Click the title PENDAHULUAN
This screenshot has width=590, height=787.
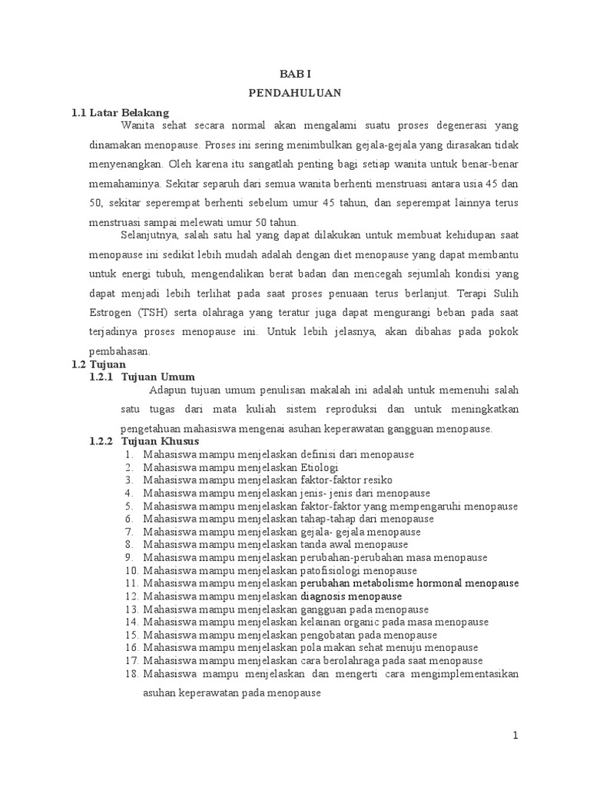pyautogui.click(x=294, y=92)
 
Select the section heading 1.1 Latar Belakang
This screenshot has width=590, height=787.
pyautogui.click(x=120, y=112)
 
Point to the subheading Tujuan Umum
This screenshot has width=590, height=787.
pyautogui.click(x=158, y=377)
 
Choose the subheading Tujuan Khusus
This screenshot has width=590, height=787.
pyautogui.click(x=161, y=441)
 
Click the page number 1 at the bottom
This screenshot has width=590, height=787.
pyautogui.click(x=516, y=736)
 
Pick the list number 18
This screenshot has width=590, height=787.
pyautogui.click(x=130, y=674)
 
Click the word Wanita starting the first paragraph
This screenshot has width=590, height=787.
pyautogui.click(x=138, y=125)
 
